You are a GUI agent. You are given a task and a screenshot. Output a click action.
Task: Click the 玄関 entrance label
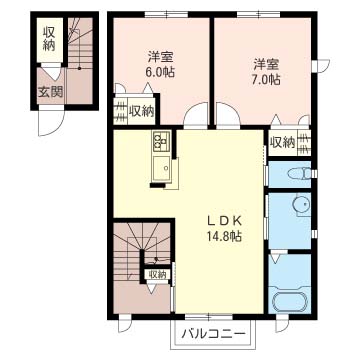pyautogui.click(x=49, y=92)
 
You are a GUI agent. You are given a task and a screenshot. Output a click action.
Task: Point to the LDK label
pyautogui.click(x=224, y=220)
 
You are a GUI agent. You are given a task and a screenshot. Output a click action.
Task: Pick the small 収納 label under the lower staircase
pyautogui.click(x=157, y=274)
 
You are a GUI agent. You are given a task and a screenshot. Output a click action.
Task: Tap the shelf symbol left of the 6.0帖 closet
pyautogui.click(x=120, y=111)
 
